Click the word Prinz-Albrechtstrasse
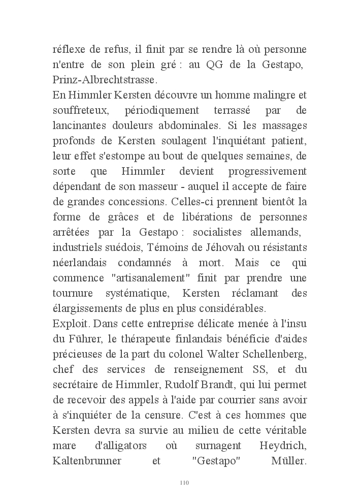(x=105, y=80)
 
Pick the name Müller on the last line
(x=285, y=462)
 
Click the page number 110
(x=184, y=483)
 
